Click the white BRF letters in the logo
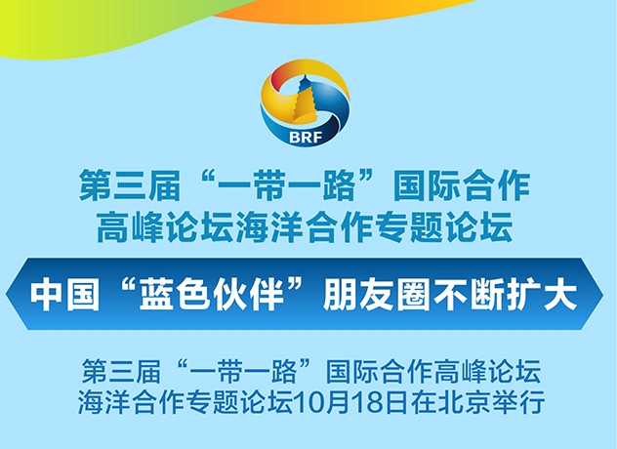point(307,137)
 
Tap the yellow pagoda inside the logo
point(305,101)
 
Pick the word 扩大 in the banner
point(542,294)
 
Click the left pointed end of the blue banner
point(6,294)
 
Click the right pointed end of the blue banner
point(602,294)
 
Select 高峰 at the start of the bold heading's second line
point(130,227)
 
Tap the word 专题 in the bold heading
point(409,227)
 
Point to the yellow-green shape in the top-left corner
point(79,27)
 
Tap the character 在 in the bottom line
point(424,401)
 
